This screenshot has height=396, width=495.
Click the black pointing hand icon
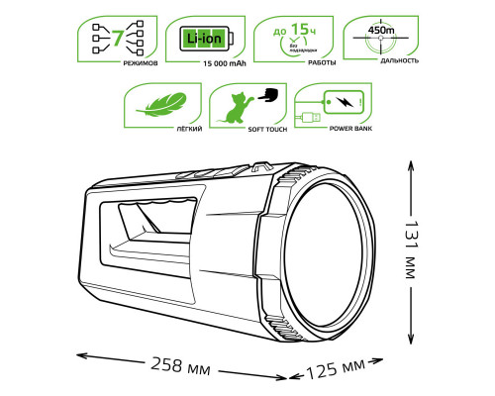click(x=267, y=97)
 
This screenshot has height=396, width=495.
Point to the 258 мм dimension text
click(x=182, y=368)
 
